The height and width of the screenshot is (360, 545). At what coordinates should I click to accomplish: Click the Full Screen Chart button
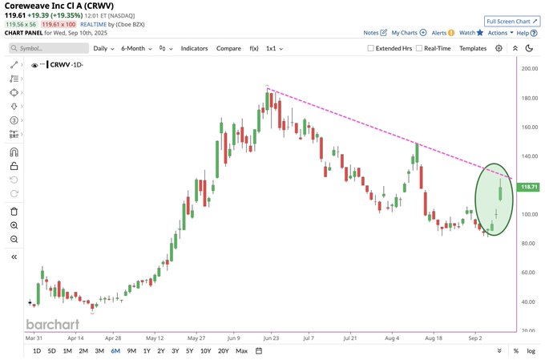point(511,21)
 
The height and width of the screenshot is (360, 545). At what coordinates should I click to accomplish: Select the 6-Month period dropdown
point(136,48)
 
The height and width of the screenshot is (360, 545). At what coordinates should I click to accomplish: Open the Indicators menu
point(194,48)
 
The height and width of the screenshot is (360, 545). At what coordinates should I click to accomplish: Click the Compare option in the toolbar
point(228,48)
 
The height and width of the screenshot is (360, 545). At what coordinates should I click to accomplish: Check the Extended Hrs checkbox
point(371,48)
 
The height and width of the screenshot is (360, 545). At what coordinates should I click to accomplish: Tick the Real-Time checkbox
point(418,48)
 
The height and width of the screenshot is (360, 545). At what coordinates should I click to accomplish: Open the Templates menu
point(473,48)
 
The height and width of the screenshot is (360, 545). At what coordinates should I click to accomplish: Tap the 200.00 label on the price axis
point(529,69)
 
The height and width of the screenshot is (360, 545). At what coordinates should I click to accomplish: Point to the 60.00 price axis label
point(529,273)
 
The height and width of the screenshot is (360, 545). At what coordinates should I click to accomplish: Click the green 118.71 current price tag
point(529,186)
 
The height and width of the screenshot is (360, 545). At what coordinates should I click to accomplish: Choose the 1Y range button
point(146,351)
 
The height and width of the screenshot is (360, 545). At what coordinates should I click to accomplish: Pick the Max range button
point(241,351)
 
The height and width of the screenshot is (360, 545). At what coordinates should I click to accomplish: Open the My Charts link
point(406,33)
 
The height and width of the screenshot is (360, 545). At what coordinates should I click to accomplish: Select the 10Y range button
point(206,351)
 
